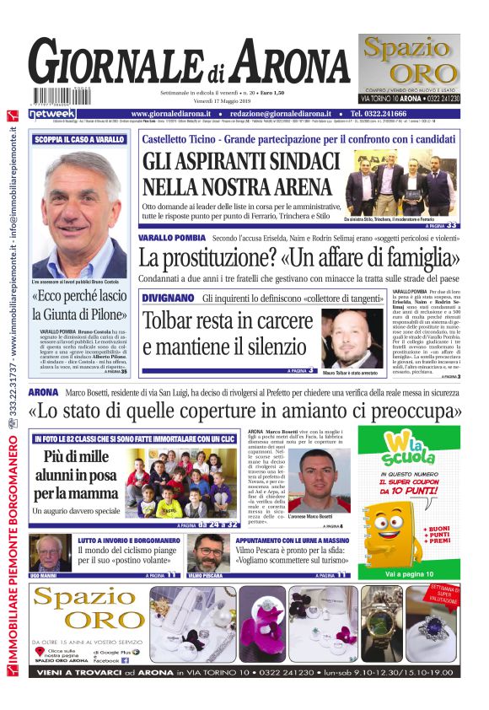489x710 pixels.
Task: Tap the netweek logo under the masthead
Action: point(53,113)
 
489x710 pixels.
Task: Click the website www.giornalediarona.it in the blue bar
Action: point(173,113)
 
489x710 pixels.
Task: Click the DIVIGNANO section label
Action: point(169,298)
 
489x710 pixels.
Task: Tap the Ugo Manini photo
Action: point(51,553)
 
